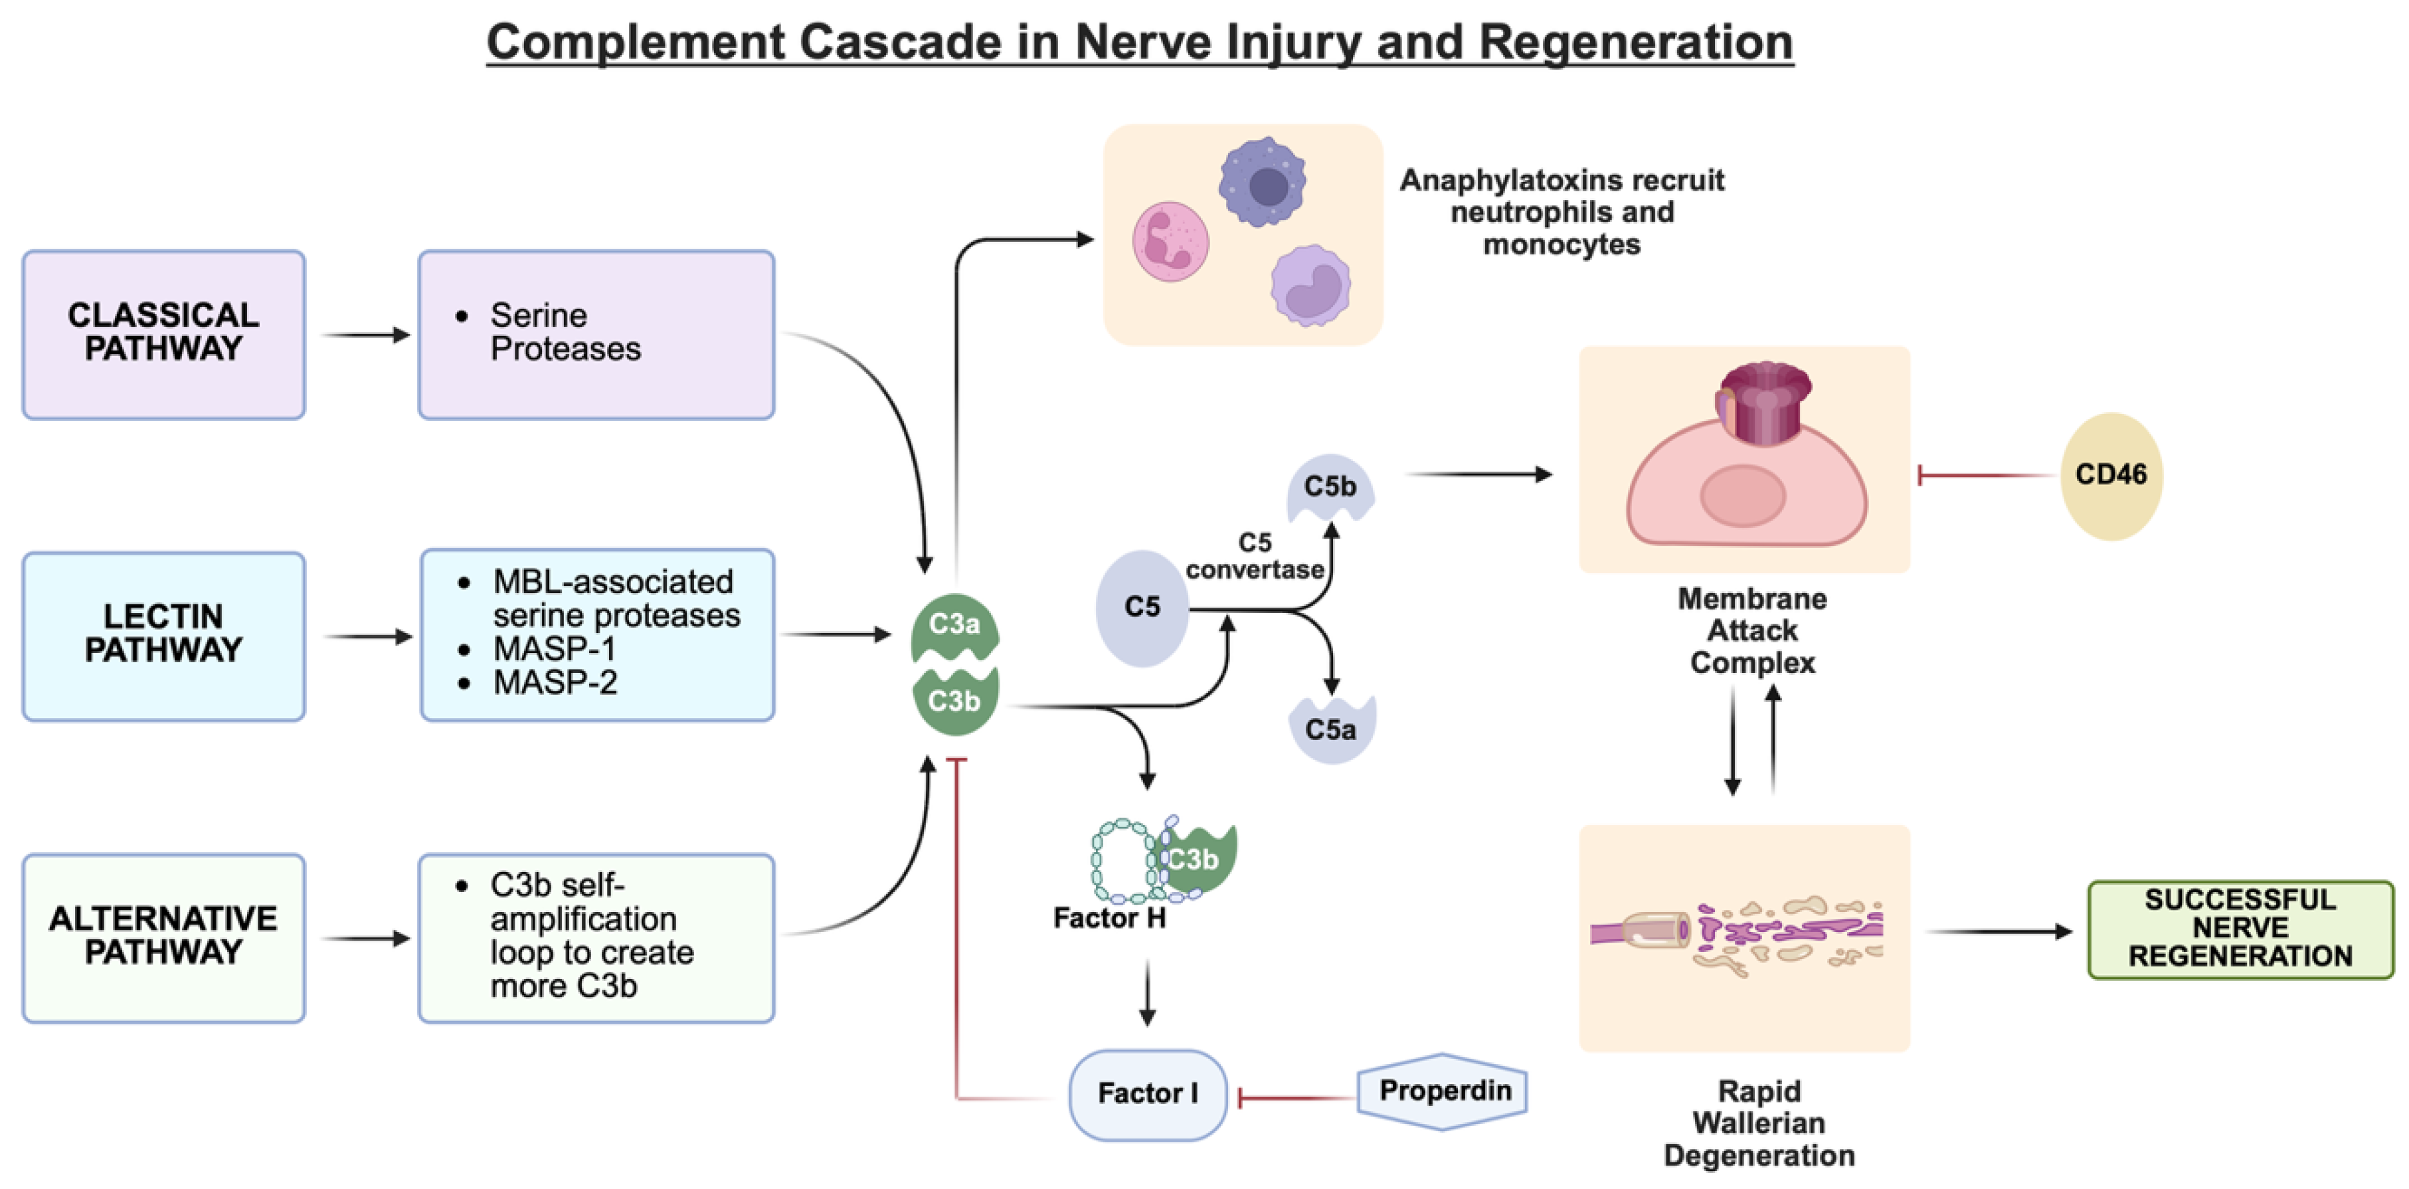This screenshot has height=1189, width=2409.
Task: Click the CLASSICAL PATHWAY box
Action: click(x=163, y=334)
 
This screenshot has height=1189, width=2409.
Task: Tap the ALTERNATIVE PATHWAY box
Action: click(x=163, y=937)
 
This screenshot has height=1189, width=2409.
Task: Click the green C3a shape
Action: click(x=954, y=625)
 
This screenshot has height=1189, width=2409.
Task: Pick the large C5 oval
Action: click(x=1142, y=608)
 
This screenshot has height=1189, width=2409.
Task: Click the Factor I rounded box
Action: click(x=1148, y=1093)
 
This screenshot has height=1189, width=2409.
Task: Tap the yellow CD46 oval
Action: click(x=2111, y=475)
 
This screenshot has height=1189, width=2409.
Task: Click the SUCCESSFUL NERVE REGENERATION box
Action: click(x=2240, y=928)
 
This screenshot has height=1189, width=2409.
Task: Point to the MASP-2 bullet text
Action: click(x=555, y=683)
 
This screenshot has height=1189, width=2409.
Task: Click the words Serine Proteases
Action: click(x=565, y=332)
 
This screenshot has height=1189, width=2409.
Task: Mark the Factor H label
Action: click(x=1109, y=919)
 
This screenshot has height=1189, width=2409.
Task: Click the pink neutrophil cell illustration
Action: click(x=1170, y=241)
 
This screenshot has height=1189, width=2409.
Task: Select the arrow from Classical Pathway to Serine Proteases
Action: click(x=366, y=335)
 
